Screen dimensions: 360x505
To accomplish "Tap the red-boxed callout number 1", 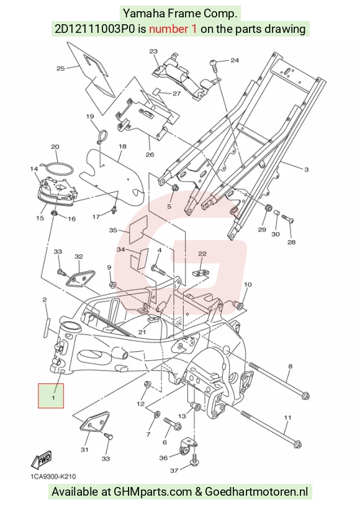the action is (x=53, y=398).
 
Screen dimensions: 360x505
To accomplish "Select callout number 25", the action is (x=61, y=68).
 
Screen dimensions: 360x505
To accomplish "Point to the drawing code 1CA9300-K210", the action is (x=53, y=476).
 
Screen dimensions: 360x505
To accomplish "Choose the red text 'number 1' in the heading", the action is (x=173, y=29).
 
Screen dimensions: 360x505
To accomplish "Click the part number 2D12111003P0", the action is (x=94, y=29).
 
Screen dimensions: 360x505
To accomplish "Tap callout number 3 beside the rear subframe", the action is (x=306, y=169).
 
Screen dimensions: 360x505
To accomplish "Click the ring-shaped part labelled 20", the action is (x=58, y=165).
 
